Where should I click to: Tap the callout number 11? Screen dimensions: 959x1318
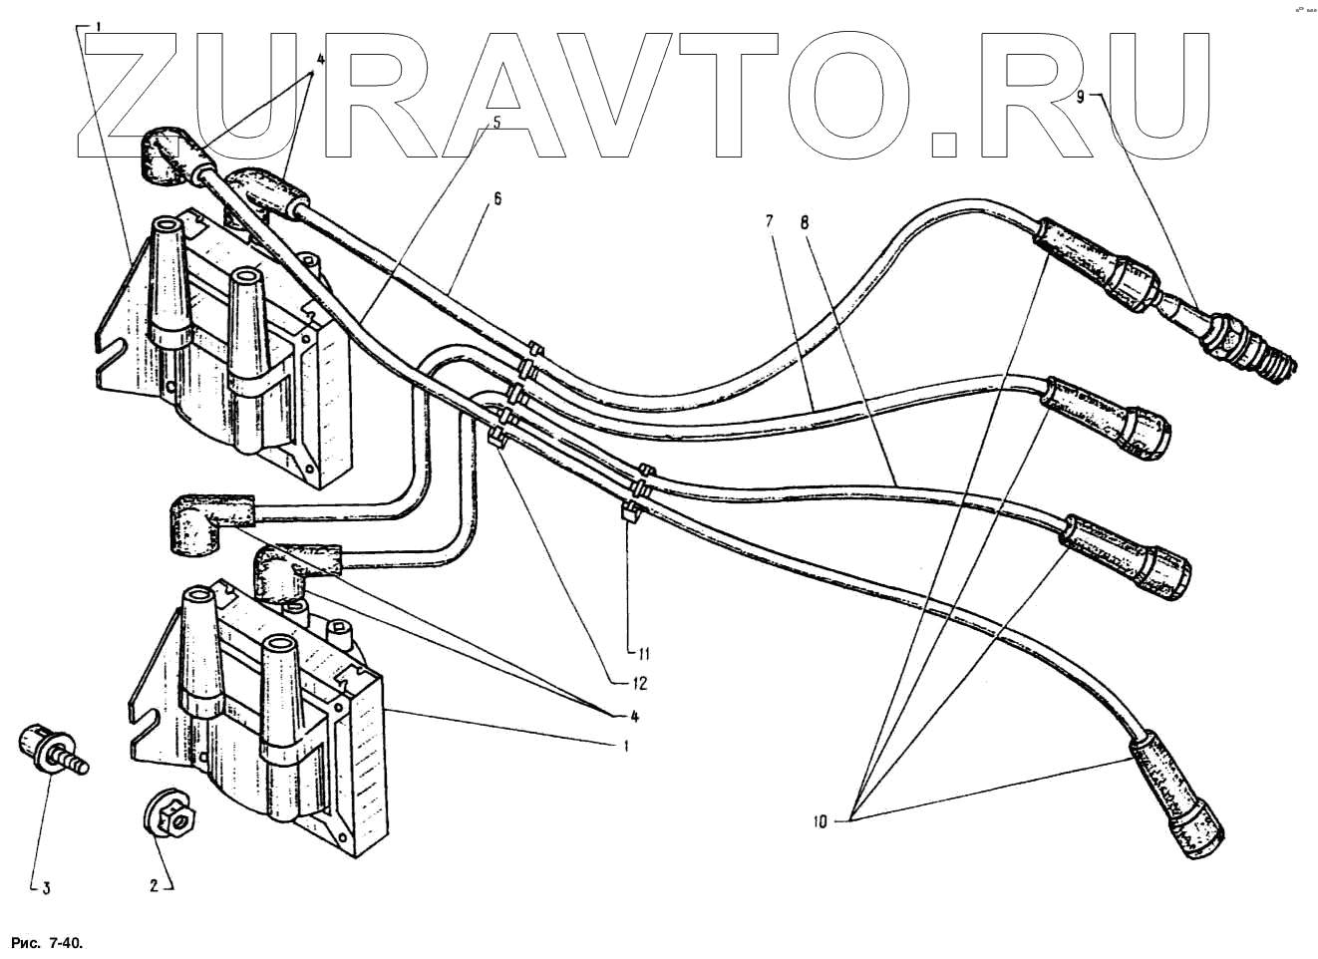(x=643, y=654)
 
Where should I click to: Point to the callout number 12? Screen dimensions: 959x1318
(x=639, y=683)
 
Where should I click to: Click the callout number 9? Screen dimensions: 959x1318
(x=1081, y=96)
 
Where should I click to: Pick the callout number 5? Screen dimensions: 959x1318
(x=495, y=123)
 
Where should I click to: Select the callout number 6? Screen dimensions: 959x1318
(x=496, y=198)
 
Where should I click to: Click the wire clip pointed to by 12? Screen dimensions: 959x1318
(x=496, y=437)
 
